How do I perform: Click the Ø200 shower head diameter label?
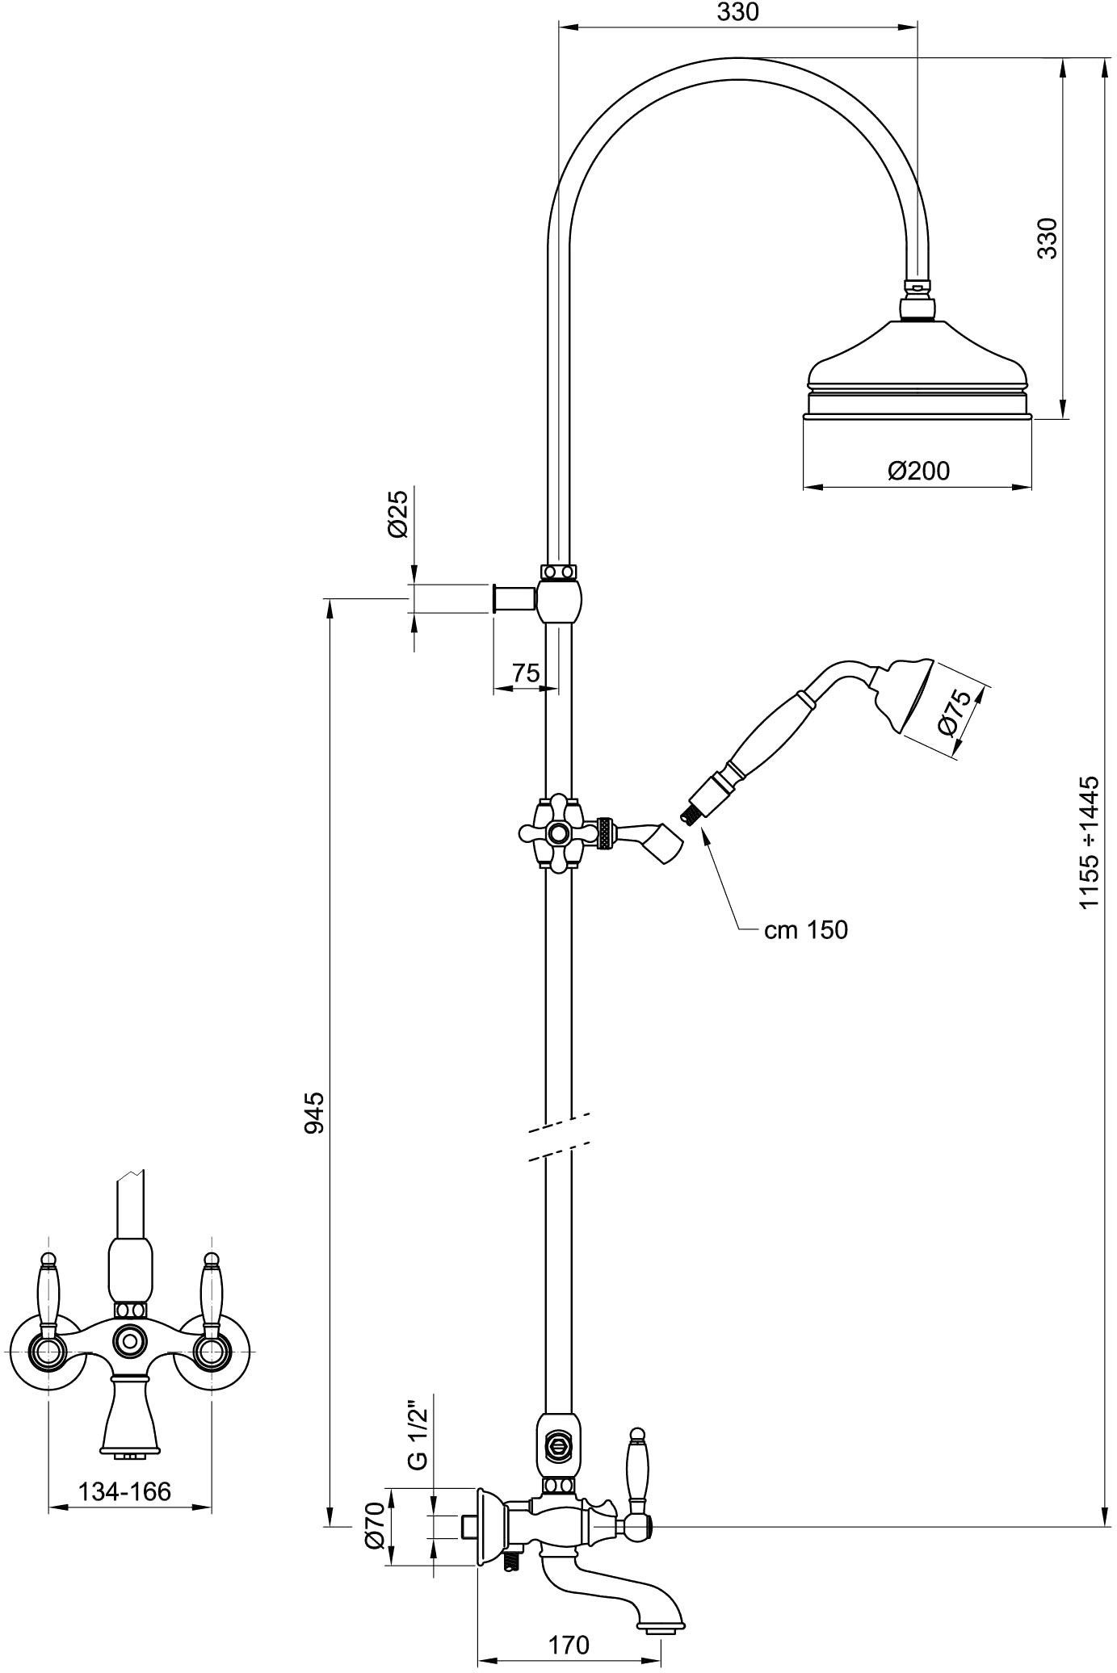[918, 471]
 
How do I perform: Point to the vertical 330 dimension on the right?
[1047, 238]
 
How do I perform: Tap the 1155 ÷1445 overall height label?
[1090, 842]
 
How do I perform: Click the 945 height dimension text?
[314, 1112]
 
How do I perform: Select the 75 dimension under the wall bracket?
[526, 673]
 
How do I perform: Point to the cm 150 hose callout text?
[806, 930]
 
